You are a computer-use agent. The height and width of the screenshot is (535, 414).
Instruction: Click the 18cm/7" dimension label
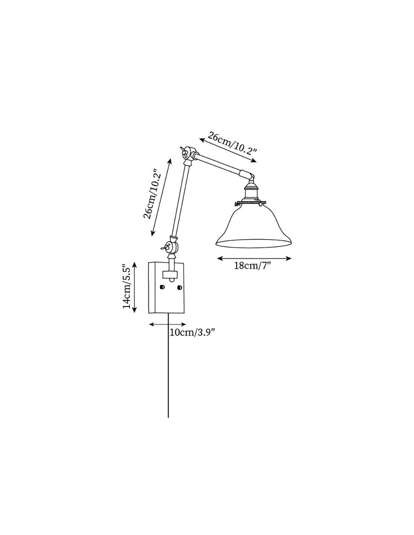point(252,266)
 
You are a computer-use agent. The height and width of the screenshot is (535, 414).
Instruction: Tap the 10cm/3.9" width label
point(192,333)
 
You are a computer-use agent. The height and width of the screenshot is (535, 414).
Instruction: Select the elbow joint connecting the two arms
point(188,156)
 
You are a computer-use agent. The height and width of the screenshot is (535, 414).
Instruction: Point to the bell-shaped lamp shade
point(253,225)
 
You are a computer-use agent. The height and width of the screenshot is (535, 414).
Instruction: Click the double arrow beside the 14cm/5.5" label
point(134,287)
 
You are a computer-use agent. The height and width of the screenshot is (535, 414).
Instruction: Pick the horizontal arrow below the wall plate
point(167,324)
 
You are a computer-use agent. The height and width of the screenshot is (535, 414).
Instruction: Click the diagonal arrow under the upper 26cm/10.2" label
point(228,150)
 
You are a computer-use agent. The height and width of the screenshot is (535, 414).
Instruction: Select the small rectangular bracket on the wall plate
point(170,274)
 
